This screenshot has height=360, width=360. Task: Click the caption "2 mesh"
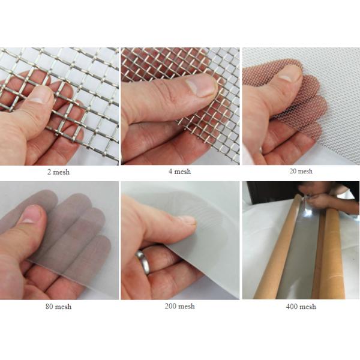click(x=58, y=172)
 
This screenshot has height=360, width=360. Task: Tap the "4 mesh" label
click(x=179, y=171)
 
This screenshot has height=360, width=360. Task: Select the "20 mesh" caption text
click(x=301, y=171)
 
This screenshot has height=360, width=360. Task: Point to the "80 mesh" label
click(x=58, y=307)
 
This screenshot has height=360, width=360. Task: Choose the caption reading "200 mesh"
click(x=179, y=306)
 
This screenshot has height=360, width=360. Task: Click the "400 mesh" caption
click(x=301, y=307)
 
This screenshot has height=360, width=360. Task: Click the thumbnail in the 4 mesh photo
click(x=200, y=86)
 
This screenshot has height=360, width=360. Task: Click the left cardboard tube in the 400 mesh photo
click(x=278, y=248)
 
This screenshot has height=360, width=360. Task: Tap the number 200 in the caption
click(x=170, y=306)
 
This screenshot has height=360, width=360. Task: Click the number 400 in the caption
click(x=292, y=307)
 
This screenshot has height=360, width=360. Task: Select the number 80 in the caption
click(x=49, y=307)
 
